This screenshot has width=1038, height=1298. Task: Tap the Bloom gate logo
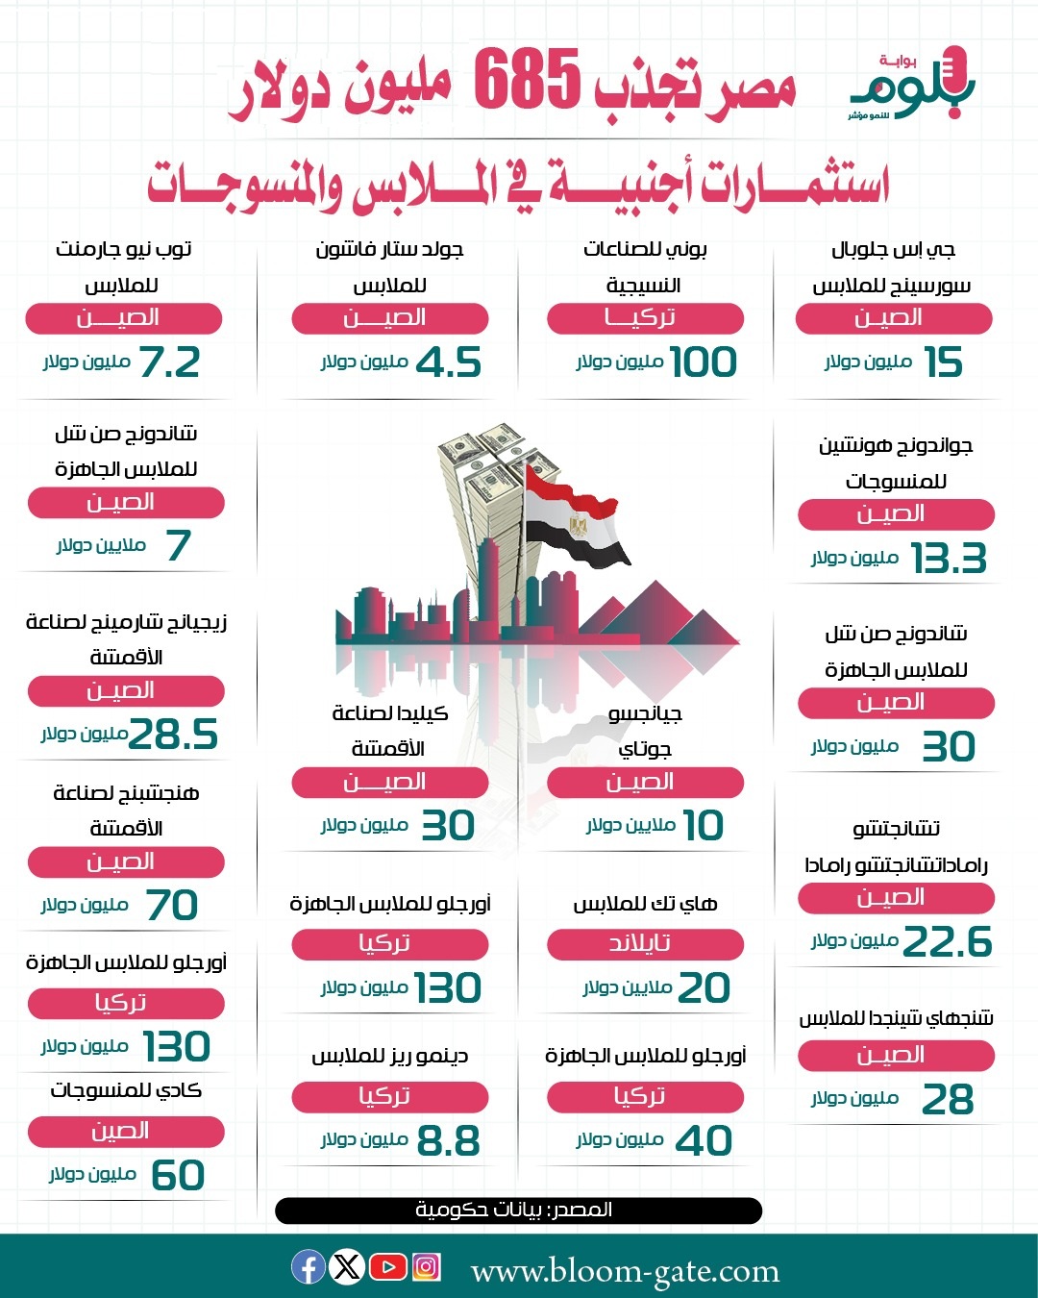[x=911, y=85]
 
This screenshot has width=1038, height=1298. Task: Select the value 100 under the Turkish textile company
[x=704, y=362]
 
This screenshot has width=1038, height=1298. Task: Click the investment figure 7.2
[x=170, y=362]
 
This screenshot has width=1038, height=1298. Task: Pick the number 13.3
[x=949, y=559]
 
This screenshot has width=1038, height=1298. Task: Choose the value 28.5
[x=174, y=735]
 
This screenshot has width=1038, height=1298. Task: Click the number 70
[x=172, y=905]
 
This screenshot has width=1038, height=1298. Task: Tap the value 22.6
[x=948, y=941]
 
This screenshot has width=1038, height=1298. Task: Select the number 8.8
[x=448, y=1141]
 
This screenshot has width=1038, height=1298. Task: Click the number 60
[x=178, y=1175]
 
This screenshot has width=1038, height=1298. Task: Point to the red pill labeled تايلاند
[x=645, y=944]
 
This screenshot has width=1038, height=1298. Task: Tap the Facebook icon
[x=309, y=1267]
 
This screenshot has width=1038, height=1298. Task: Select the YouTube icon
[x=387, y=1267]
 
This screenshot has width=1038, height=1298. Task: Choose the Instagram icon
[x=426, y=1267]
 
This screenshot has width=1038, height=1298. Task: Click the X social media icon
[x=347, y=1267]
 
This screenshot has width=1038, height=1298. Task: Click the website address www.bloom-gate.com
[x=625, y=1271]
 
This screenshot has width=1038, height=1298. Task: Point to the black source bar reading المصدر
[x=518, y=1210]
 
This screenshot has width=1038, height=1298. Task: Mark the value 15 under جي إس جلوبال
[x=943, y=362]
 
